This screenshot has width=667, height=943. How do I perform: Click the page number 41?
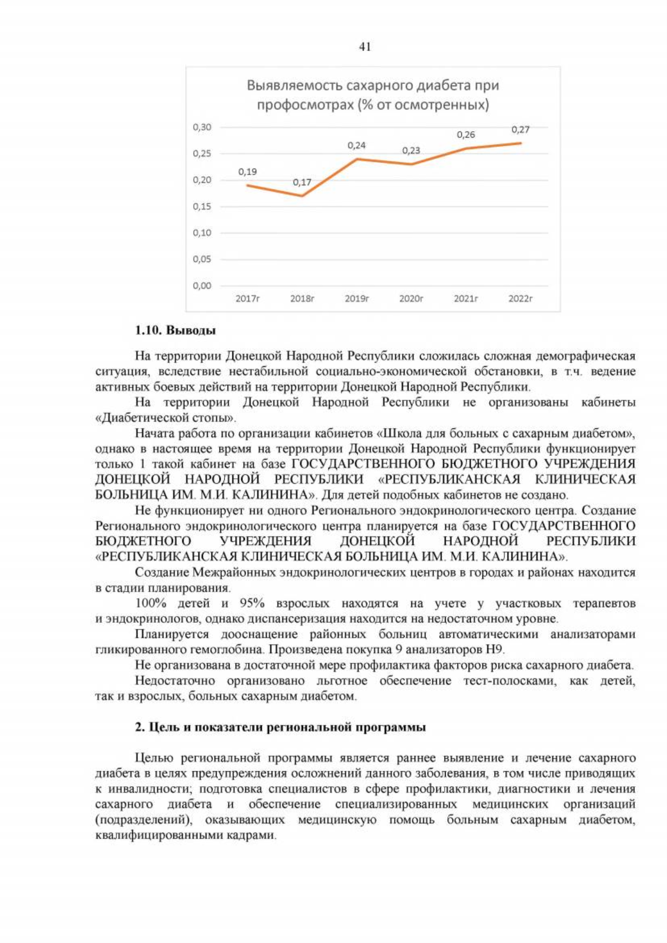coord(365,47)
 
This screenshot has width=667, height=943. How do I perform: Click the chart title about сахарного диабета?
coord(372,95)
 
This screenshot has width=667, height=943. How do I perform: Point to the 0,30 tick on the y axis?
coord(202,127)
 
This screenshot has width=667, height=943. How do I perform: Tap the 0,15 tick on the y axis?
coord(202,206)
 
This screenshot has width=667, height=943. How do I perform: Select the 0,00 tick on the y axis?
coord(202,286)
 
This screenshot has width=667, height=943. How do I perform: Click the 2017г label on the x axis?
coord(247,299)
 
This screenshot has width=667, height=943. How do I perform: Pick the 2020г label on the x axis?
coord(411,299)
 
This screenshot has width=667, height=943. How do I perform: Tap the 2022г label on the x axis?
coord(520,299)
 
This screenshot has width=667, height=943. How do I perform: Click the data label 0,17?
coord(302,182)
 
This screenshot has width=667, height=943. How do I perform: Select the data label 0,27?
coord(520,130)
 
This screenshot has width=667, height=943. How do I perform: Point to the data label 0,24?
coord(356,145)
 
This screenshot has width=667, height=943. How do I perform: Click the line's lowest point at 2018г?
coord(302,196)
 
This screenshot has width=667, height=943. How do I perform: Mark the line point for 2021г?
coord(466,148)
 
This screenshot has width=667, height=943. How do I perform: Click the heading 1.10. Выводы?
coord(175,330)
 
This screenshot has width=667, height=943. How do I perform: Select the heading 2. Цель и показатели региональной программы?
coord(280,727)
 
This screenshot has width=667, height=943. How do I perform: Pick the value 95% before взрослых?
coord(252,603)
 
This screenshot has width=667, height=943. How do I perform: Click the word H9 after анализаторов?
coord(494,649)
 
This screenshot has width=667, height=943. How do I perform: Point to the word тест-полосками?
coord(509,681)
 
